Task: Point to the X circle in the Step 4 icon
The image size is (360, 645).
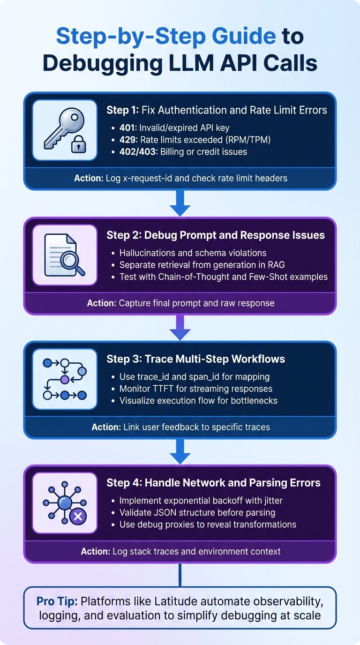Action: click(x=78, y=517)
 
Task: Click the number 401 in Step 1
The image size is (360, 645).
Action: click(x=129, y=127)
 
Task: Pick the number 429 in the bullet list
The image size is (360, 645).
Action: click(x=129, y=140)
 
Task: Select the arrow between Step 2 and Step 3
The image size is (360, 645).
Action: click(x=180, y=327)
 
